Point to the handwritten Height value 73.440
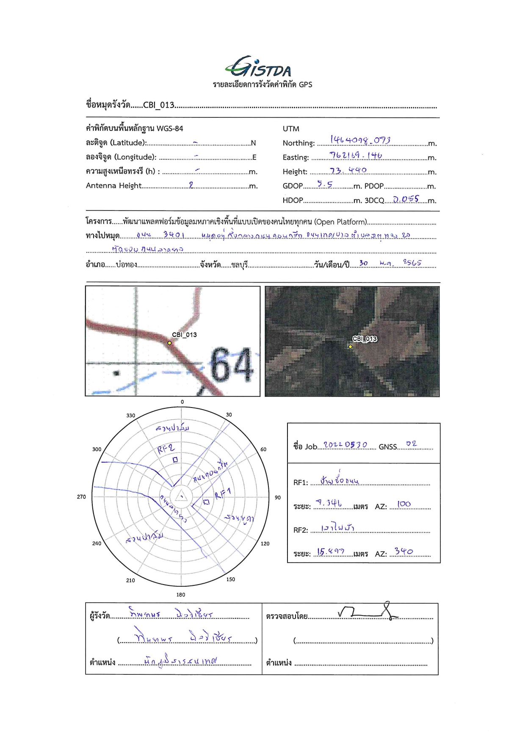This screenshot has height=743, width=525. pyautogui.click(x=348, y=170)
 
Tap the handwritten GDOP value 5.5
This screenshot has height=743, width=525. pyautogui.click(x=325, y=184)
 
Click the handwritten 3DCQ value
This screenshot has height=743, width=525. pyautogui.click(x=406, y=199)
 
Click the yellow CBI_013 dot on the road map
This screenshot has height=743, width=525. pyautogui.click(x=170, y=343)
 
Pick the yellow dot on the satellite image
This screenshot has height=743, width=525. pyautogui.click(x=350, y=347)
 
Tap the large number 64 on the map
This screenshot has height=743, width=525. pyautogui.click(x=231, y=365)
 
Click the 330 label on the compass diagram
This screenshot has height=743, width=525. pyautogui.click(x=131, y=416)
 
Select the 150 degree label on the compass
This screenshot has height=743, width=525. pyautogui.click(x=230, y=579)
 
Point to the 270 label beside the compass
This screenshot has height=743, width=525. pyautogui.click(x=81, y=496)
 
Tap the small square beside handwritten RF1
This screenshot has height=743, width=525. pyautogui.click(x=206, y=502)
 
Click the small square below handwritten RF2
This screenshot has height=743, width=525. pyautogui.click(x=175, y=459)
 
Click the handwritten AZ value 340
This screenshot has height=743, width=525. pyautogui.click(x=403, y=551)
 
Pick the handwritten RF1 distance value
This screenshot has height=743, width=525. pyautogui.click(x=329, y=503)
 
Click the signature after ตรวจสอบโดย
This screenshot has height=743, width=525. pyautogui.click(x=368, y=611)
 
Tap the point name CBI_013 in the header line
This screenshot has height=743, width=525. pyautogui.click(x=159, y=105)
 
